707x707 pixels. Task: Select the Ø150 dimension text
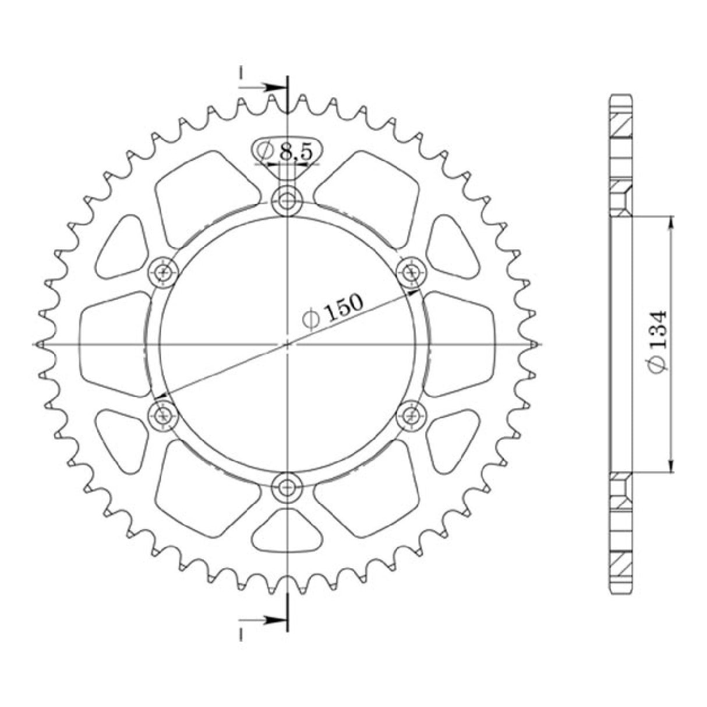[333, 312]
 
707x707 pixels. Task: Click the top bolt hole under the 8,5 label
[287, 202]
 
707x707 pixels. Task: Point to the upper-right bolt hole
[412, 271]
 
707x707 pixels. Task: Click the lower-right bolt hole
[412, 416]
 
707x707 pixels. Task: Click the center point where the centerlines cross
[287, 344]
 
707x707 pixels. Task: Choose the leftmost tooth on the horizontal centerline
[41, 344]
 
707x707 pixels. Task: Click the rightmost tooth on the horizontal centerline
[533, 344]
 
